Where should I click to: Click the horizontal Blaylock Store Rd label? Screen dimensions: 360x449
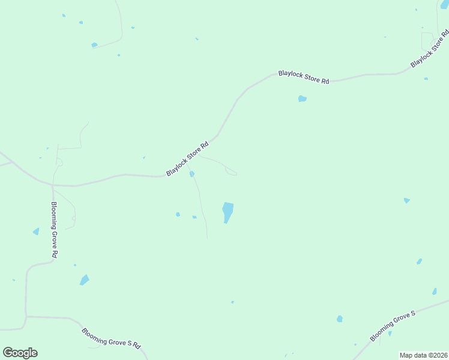coord(304,77)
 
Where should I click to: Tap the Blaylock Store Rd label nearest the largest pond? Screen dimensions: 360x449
coord(188,158)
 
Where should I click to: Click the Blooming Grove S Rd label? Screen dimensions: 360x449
coord(111,337)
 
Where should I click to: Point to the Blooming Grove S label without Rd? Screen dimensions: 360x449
coord(393,327)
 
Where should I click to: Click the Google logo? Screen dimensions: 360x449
coord(20,353)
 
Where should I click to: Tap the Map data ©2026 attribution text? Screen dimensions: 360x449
coord(424,355)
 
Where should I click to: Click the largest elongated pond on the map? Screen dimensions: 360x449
coord(228,212)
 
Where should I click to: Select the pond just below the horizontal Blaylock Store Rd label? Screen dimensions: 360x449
coord(303,98)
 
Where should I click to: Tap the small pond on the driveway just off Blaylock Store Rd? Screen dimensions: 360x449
coord(192,174)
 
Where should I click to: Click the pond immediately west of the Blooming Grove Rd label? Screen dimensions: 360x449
coord(36,232)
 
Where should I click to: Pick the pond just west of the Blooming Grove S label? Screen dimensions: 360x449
coord(340,319)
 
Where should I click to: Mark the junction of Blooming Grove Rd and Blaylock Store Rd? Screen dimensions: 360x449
coord(52,185)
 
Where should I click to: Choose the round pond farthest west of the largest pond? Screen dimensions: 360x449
coord(178,214)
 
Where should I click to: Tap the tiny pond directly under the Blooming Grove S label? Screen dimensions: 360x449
coord(390,334)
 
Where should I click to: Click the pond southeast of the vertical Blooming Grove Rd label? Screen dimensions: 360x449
coord(84,280)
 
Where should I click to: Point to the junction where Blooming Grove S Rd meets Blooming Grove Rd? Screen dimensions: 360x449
coord(26,316)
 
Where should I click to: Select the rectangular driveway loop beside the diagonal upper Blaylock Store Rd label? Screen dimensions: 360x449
coord(427,41)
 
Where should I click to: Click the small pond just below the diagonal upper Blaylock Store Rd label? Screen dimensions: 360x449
coord(426,79)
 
